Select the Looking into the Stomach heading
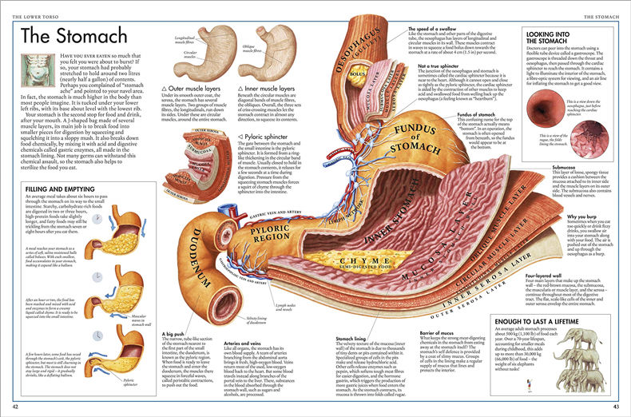[558, 40]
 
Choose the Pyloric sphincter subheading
[268, 137]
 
